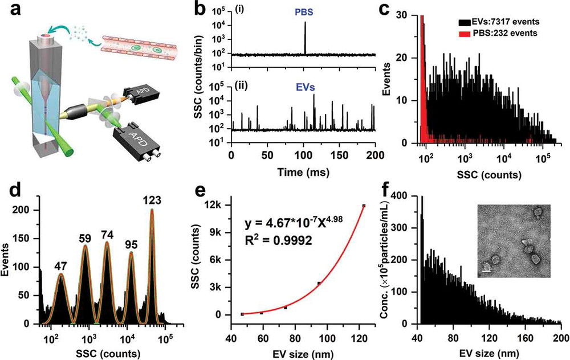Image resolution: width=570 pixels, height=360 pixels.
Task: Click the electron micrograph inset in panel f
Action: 512,240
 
